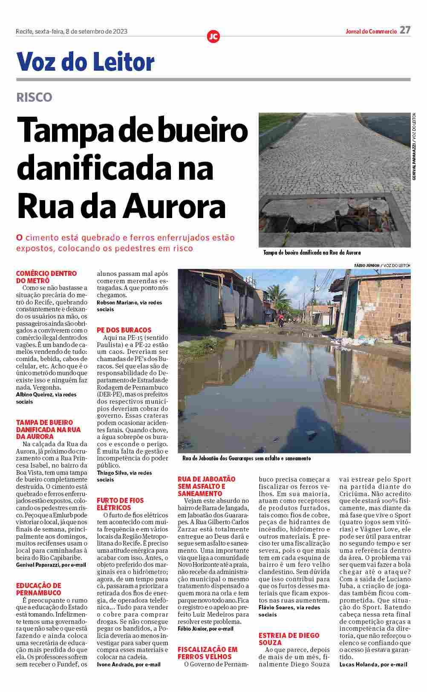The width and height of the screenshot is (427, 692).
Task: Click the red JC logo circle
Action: pos(213,37)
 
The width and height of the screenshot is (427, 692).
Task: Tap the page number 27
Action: pos(405,30)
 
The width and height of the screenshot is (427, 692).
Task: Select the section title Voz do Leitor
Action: pos(85,62)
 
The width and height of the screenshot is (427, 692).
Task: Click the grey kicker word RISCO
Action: pos(34,98)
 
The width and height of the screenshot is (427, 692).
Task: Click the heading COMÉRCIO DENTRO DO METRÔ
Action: pos(46,277)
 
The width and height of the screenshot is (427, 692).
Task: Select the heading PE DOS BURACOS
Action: pos(124,330)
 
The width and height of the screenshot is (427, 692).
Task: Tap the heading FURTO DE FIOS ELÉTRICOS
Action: pos(120,504)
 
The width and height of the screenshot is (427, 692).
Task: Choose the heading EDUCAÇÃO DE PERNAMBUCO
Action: pos(39,589)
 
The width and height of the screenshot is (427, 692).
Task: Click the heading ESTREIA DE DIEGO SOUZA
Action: pos(289,639)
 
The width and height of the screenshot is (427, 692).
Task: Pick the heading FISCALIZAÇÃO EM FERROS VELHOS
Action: pos(208,653)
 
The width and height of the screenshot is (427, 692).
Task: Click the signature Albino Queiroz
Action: pos(46,395)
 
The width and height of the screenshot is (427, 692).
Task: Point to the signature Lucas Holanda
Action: pos(373,664)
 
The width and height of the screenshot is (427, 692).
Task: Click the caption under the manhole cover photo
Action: pos(312,253)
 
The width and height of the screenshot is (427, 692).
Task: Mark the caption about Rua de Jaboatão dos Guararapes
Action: pos(246,459)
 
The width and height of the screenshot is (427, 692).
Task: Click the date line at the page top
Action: pos(72,32)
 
